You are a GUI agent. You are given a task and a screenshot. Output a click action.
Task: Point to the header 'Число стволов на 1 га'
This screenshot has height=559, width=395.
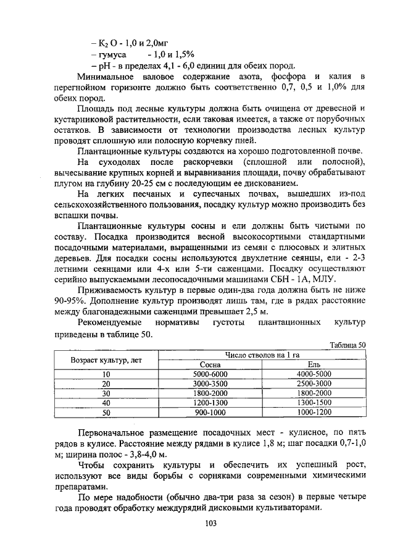(262, 355)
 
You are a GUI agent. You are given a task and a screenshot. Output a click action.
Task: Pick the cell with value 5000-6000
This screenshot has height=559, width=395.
(210, 374)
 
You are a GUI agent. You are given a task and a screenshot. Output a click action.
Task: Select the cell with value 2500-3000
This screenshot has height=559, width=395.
(314, 384)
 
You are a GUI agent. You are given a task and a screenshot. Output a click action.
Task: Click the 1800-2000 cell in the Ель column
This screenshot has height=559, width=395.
(314, 393)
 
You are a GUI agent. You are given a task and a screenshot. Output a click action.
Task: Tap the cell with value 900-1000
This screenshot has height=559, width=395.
(210, 412)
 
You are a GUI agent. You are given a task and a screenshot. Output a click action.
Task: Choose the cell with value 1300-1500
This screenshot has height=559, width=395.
(314, 403)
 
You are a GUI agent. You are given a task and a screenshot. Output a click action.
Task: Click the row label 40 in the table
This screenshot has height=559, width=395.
(106, 403)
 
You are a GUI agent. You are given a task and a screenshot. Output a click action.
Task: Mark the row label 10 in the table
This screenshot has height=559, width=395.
(106, 374)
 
